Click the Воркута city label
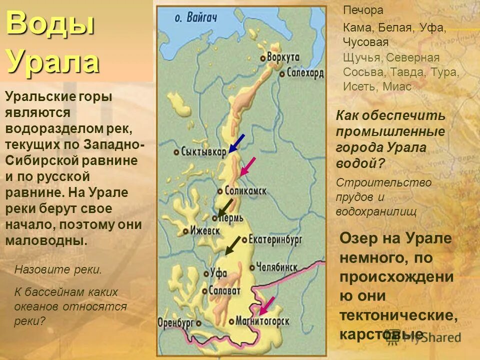click(283, 56)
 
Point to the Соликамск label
click(245, 190)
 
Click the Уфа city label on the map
click(219, 273)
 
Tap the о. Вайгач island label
click(196, 17)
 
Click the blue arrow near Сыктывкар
click(236, 142)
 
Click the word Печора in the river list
click(363, 10)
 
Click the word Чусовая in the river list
click(365, 42)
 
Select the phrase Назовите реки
click(58, 270)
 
